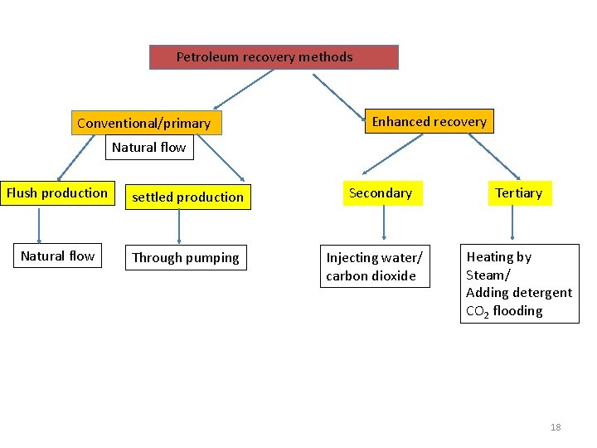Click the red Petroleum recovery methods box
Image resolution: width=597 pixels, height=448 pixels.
click(x=274, y=57)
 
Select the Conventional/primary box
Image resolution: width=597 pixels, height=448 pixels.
click(x=143, y=124)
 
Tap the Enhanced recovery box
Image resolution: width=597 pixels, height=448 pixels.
click(x=429, y=122)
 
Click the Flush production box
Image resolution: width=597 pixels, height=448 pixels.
click(x=57, y=193)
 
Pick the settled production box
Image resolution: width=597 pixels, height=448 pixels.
click(x=187, y=197)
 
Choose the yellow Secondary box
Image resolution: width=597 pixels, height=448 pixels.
click(x=380, y=193)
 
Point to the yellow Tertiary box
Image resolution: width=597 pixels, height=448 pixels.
click(x=518, y=193)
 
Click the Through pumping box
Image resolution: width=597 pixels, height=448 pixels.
click(x=186, y=257)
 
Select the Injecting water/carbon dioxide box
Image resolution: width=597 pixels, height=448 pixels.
click(x=374, y=266)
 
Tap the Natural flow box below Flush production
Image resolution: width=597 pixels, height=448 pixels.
click(x=57, y=256)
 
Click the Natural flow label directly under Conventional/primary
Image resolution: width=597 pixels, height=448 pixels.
click(x=149, y=148)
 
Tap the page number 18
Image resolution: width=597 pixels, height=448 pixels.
click(x=556, y=427)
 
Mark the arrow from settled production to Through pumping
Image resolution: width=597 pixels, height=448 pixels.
click(x=180, y=226)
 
